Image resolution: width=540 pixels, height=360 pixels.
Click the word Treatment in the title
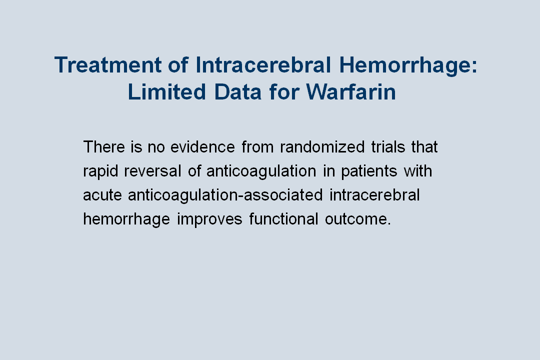[x=108, y=65]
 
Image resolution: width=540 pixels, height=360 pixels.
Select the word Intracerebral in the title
[x=263, y=65]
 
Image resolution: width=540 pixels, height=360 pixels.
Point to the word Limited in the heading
[x=166, y=92]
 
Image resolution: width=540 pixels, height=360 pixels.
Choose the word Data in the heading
[x=237, y=92]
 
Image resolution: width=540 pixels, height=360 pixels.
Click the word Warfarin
[x=351, y=92]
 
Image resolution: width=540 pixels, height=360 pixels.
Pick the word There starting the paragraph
[x=104, y=147]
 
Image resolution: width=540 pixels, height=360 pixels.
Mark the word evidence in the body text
[x=202, y=147]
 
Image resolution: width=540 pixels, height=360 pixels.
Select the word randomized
[x=322, y=147]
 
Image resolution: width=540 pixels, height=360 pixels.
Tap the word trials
[x=388, y=147]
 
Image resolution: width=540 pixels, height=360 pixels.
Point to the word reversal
[x=152, y=171]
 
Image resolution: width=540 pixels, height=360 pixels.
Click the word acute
[x=102, y=195]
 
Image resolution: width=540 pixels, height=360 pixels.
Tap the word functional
[x=283, y=219]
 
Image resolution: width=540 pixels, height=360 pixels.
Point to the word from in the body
[x=257, y=147]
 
